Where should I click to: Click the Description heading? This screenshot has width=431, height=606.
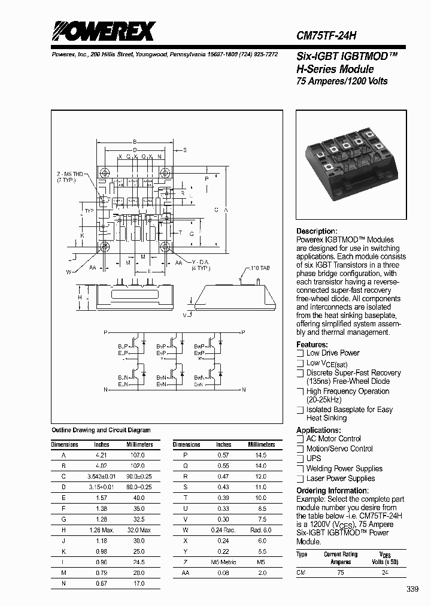[x=317, y=231]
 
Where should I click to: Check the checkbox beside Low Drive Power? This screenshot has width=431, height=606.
[x=301, y=353]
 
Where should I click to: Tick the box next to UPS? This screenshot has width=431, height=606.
[x=301, y=459]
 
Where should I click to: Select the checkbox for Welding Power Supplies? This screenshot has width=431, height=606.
[x=301, y=469]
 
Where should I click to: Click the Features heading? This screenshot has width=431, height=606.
[x=312, y=345]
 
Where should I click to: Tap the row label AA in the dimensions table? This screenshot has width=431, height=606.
[x=186, y=572]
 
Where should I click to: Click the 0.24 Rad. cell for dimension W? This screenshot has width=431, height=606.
[x=223, y=530]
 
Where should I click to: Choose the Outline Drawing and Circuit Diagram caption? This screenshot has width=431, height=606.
[x=101, y=431]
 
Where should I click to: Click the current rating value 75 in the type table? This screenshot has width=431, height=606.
[x=341, y=572]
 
